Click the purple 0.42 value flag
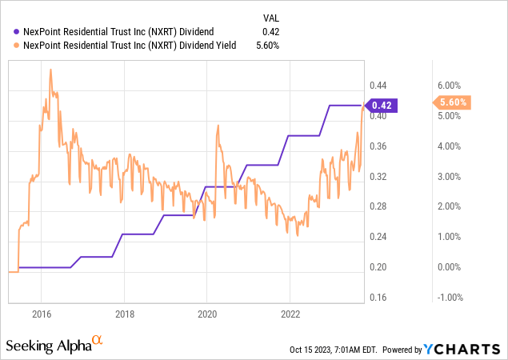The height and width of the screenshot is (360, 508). (x=382, y=105)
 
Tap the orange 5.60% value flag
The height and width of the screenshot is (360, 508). (x=452, y=102)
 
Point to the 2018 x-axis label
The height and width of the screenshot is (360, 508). (x=124, y=314)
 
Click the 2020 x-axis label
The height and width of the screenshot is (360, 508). (x=207, y=314)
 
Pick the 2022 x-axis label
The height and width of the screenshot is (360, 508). (x=290, y=314)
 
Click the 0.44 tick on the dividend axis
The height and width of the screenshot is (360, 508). (x=378, y=86)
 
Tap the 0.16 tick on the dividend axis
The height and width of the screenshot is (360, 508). (x=378, y=298)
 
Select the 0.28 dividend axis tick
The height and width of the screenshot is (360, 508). (x=378, y=206)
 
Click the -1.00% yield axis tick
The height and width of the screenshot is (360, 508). (x=450, y=298)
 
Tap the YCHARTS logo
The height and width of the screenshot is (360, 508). (x=473, y=349)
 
